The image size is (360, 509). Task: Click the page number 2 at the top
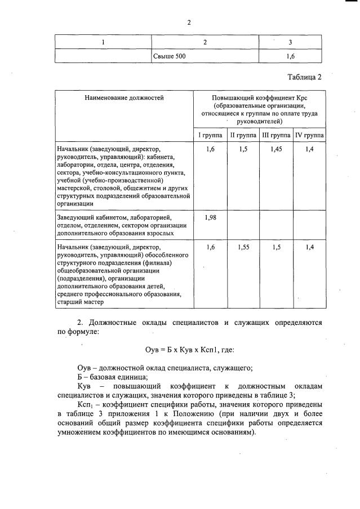pyautogui.click(x=189, y=23)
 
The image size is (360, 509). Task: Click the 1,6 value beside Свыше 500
pyautogui.click(x=290, y=56)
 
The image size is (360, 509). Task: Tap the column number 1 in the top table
pyautogui.click(x=103, y=42)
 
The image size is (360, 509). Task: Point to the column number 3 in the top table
pyautogui.click(x=290, y=42)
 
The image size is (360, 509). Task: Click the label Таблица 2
pyautogui.click(x=304, y=77)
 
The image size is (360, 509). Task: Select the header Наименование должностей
pyautogui.click(x=124, y=97)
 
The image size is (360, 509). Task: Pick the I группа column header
pyautogui.click(x=210, y=136)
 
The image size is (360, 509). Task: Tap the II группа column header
pyautogui.click(x=243, y=136)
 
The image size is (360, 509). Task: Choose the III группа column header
pyautogui.click(x=276, y=136)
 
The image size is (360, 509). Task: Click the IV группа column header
pyautogui.click(x=308, y=136)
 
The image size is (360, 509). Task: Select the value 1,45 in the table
pyautogui.click(x=276, y=149)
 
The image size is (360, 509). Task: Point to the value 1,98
pyautogui.click(x=210, y=217)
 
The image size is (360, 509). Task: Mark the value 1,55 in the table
pyautogui.click(x=243, y=247)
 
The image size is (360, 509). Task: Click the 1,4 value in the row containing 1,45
pyautogui.click(x=308, y=149)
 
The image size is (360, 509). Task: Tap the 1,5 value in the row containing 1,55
pyautogui.click(x=276, y=247)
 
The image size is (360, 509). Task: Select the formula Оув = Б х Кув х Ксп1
pyautogui.click(x=177, y=349)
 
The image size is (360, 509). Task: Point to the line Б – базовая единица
pyautogui.click(x=116, y=377)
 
